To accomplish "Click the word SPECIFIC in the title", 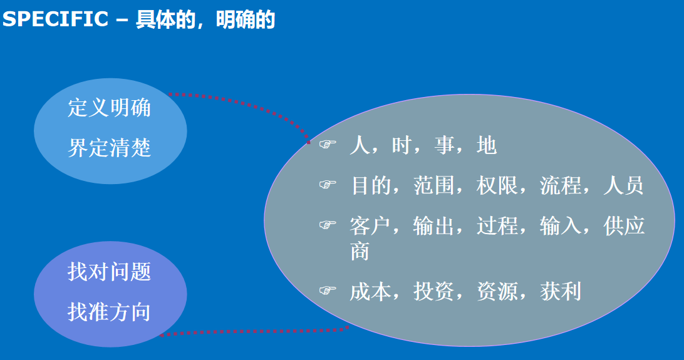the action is click(x=55, y=19).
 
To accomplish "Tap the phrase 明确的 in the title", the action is click(x=246, y=19).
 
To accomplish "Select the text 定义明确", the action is click(x=110, y=108).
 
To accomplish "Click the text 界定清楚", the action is click(x=110, y=148).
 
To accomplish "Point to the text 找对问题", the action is click(x=110, y=272).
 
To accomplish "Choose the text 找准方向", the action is click(x=110, y=312).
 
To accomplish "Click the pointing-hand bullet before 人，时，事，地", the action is click(x=328, y=144).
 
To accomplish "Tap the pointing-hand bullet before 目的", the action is click(x=328, y=184).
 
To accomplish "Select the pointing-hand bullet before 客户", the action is click(x=328, y=225).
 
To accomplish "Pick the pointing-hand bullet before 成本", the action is click(x=328, y=290).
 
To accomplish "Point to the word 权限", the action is click(x=497, y=186).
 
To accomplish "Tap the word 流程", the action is click(x=561, y=186).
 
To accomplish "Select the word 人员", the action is click(x=623, y=186).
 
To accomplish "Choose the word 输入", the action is click(x=561, y=226).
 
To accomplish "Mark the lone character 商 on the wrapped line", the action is click(x=360, y=251).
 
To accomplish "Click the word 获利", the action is click(x=561, y=291).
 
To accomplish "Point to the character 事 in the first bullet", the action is click(x=445, y=145).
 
